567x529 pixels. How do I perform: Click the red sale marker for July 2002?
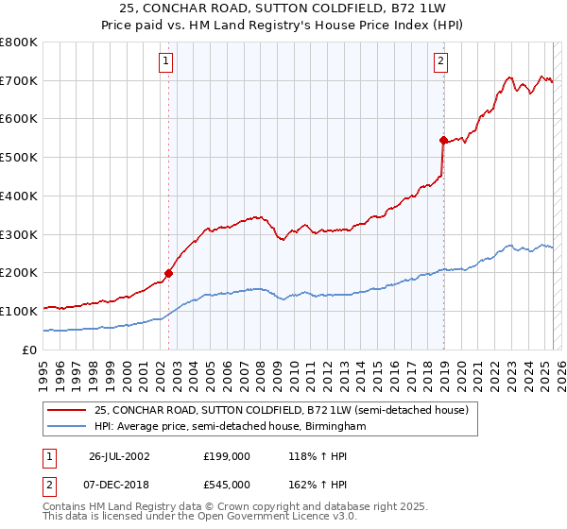pos(169,273)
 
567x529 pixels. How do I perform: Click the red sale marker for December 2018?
pos(442,140)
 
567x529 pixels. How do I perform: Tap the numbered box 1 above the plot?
pos(165,62)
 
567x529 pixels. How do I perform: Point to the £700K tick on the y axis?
pos(19,81)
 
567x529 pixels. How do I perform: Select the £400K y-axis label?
pos(19,196)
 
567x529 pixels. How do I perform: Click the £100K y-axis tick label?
pos(19,311)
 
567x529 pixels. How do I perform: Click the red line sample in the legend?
pos(67,410)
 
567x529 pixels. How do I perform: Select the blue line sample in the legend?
pos(67,427)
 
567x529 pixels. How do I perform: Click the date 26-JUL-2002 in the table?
pos(119,455)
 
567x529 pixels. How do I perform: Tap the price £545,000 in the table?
pos(226,484)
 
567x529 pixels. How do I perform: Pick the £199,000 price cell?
pos(226,455)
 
